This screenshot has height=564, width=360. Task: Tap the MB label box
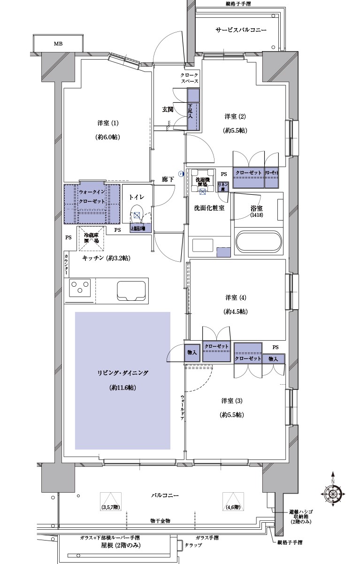pyautogui.click(x=57, y=44)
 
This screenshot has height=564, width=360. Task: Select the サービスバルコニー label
pyautogui.click(x=241, y=30)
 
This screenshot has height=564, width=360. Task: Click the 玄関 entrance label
pyautogui.click(x=168, y=109)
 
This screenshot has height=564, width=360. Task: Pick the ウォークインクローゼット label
pyautogui.click(x=92, y=197)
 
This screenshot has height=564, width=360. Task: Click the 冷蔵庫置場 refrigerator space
pyautogui.click(x=91, y=238)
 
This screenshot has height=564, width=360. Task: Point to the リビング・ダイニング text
pyautogui.click(x=123, y=373)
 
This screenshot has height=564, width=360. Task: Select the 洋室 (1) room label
pyautogui.click(x=108, y=123)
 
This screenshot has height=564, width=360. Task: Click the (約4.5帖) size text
pyautogui.click(x=235, y=312)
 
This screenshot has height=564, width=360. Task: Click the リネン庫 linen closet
pyautogui.click(x=222, y=186)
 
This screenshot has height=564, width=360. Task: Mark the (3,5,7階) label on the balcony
pyautogui.click(x=111, y=507)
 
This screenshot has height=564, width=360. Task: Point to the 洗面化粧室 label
pyautogui.click(x=209, y=208)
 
